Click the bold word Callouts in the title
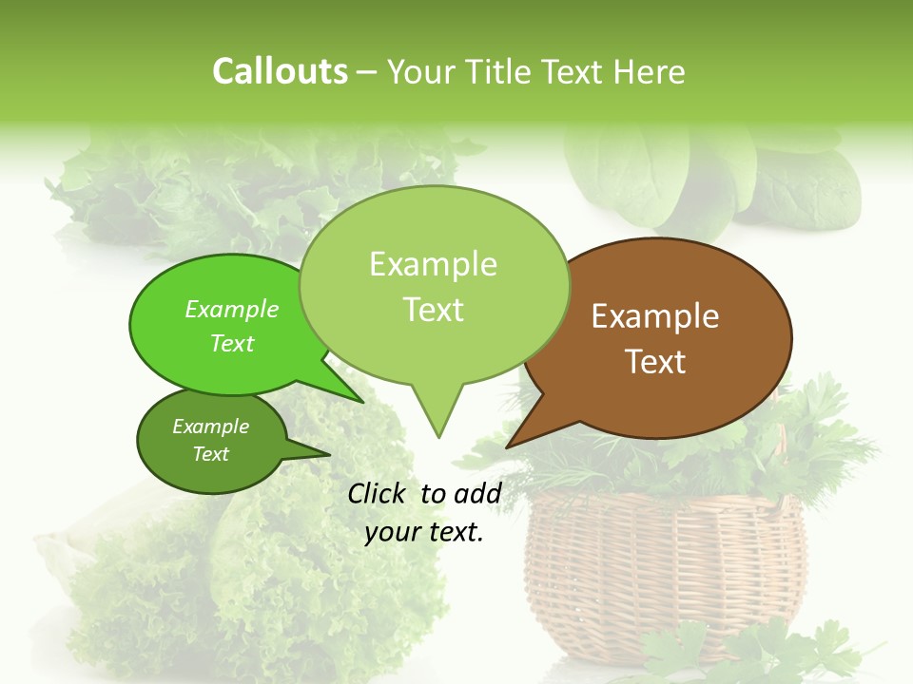[280, 71]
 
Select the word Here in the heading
[650, 71]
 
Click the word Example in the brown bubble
[655, 316]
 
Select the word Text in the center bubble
[434, 310]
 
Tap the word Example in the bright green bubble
[231, 309]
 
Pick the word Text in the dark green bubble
[210, 454]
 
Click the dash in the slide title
[367, 72]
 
